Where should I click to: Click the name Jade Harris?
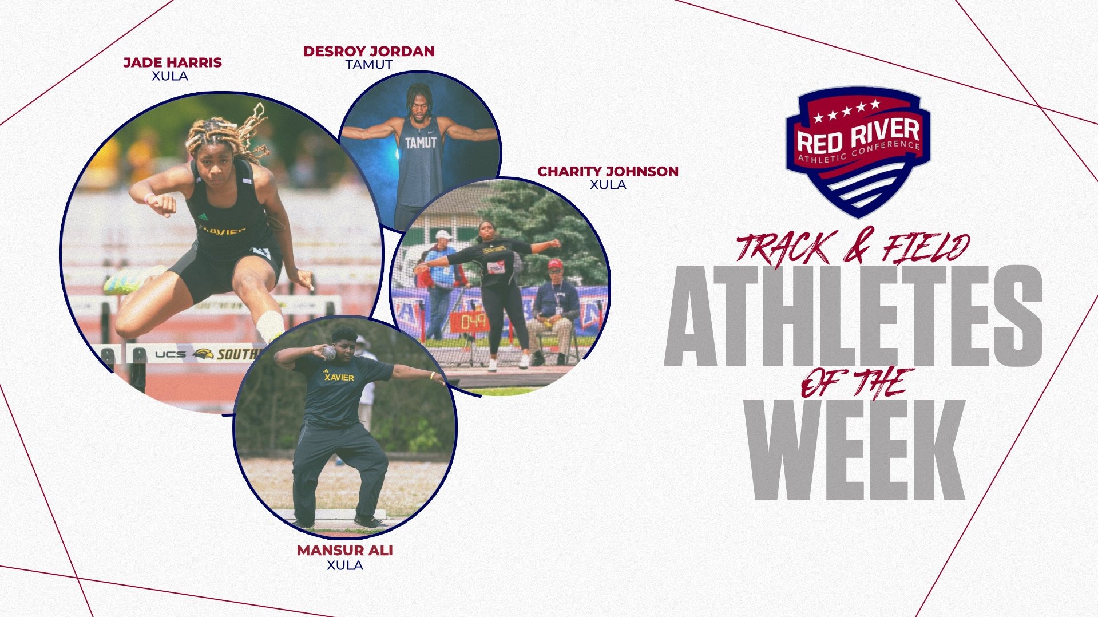click(x=172, y=62)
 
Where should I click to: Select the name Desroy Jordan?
click(x=368, y=52)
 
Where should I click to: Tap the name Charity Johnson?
click(x=608, y=171)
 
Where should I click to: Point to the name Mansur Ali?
click(x=344, y=551)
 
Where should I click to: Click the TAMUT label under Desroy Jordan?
click(x=368, y=65)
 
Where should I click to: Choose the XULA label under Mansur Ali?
click(x=344, y=565)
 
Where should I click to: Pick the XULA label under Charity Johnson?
click(x=608, y=185)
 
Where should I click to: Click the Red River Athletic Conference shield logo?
click(x=857, y=151)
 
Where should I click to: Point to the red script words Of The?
click(x=857, y=382)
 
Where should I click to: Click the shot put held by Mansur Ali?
click(x=329, y=352)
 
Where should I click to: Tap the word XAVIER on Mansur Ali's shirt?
click(x=339, y=378)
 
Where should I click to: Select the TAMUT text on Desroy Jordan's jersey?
click(x=421, y=143)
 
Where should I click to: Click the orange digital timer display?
click(x=470, y=322)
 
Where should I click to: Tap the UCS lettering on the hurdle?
click(x=171, y=355)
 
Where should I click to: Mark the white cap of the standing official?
click(x=443, y=234)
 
